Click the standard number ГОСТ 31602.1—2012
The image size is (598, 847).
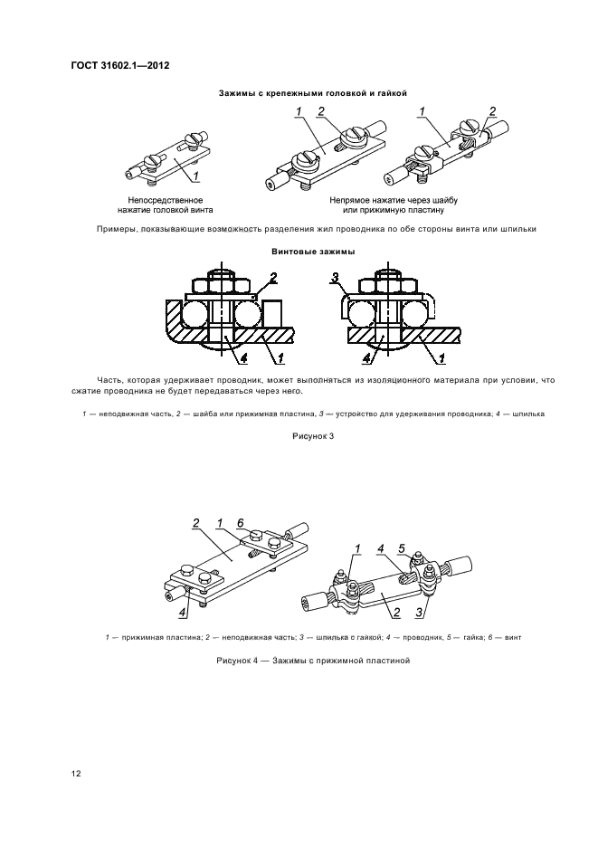tap(119, 66)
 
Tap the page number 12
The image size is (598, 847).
tap(76, 774)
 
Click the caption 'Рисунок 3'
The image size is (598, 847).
tap(312, 435)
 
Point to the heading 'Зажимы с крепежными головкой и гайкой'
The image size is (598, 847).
tap(312, 92)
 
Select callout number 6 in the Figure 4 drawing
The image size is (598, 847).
tap(240, 523)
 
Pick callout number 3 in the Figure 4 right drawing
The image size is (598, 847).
tap(419, 614)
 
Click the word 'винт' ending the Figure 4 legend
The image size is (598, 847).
tap(512, 637)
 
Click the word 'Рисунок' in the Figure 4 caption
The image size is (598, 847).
tap(236, 661)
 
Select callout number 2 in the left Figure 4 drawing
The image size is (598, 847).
tap(195, 523)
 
